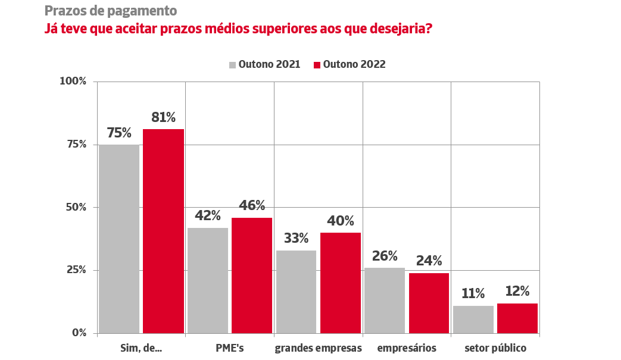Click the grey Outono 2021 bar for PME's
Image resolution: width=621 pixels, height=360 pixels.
click(208, 280)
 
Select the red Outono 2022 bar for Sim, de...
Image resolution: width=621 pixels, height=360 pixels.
click(164, 231)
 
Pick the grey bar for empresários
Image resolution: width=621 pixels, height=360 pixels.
click(385, 300)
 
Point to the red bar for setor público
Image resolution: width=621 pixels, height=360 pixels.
click(517, 318)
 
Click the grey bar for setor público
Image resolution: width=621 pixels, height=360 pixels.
click(473, 319)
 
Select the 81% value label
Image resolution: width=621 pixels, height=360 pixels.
click(164, 117)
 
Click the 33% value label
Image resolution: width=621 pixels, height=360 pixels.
click(296, 239)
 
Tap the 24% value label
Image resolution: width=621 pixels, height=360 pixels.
click(429, 261)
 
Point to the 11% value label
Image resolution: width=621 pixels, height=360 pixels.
click(473, 293)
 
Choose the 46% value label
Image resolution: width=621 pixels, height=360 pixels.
click(252, 206)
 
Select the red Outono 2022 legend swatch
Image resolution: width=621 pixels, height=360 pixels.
click(317, 65)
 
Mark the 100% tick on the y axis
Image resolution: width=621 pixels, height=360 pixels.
click(73, 81)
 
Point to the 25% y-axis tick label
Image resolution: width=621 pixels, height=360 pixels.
click(76, 270)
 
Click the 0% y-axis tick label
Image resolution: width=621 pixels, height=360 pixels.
click(79, 333)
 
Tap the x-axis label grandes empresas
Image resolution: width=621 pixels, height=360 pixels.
click(319, 348)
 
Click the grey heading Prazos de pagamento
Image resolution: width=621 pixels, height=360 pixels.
click(110, 11)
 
